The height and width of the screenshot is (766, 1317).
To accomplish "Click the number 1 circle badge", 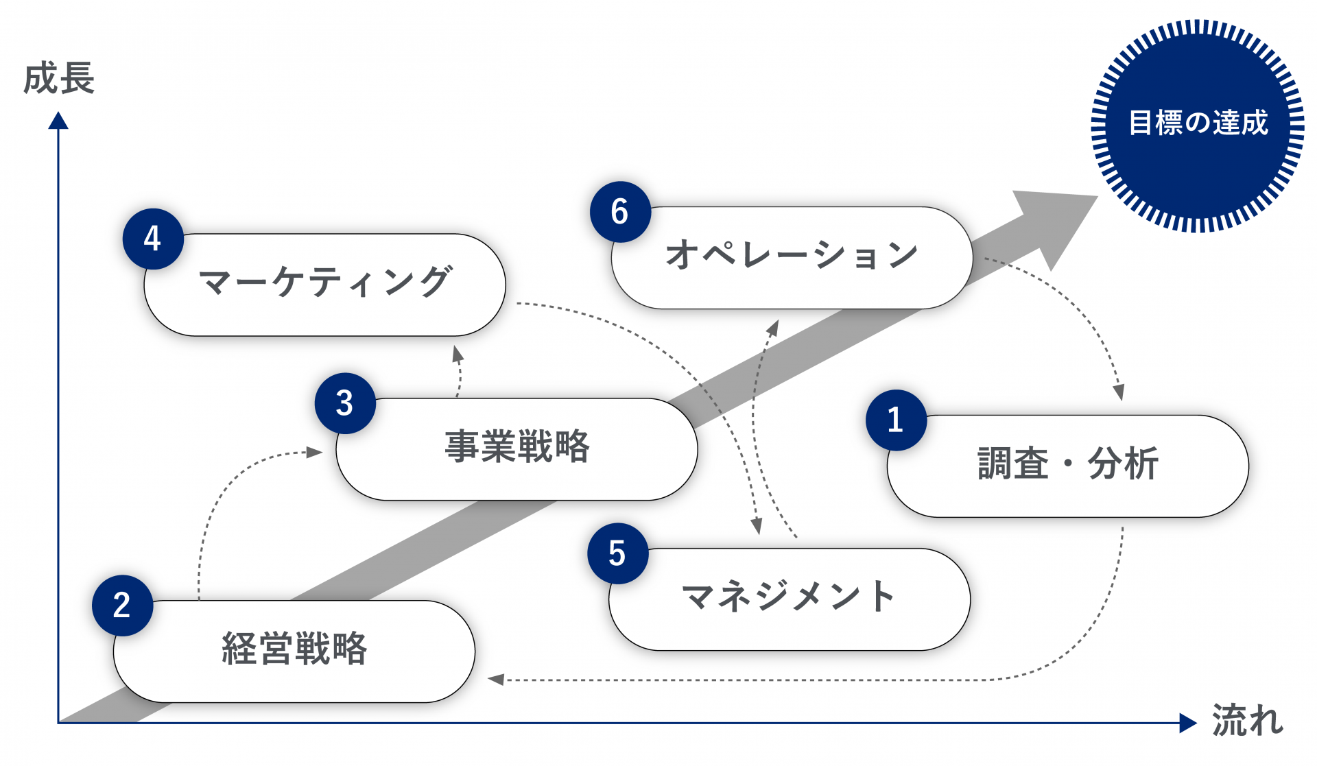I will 896,420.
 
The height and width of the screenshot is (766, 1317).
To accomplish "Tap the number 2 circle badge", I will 122,606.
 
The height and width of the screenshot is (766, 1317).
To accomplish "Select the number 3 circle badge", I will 345,403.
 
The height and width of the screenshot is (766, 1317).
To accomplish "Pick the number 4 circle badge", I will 152,239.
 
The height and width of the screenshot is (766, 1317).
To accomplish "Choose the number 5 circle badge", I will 617,553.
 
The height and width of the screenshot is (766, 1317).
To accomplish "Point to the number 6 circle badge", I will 620,212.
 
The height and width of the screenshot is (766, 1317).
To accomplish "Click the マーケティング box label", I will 325,283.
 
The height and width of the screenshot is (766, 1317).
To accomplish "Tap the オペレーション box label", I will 792,255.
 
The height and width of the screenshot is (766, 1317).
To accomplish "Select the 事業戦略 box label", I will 517,447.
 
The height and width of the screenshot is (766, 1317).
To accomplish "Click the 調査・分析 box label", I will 1067,464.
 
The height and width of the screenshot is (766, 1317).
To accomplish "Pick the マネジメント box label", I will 789,597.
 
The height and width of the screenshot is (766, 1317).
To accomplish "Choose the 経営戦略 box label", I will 294,649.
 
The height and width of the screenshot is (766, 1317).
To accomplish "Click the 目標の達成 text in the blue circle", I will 1198,123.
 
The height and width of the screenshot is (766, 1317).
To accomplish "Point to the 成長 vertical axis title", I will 58,78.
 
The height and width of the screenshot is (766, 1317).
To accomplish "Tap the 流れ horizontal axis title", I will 1247,721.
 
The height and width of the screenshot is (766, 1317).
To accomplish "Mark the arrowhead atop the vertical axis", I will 58,121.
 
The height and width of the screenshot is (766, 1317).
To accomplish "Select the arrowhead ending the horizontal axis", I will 1187,723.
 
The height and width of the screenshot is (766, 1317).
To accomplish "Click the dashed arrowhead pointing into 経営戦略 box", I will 496,680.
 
